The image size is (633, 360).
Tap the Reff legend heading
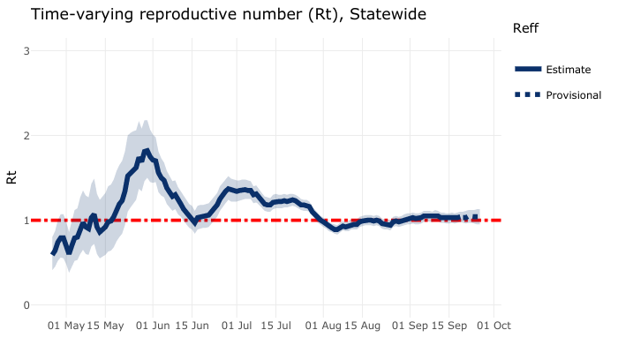pyautogui.click(x=525, y=29)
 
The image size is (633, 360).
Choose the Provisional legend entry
pyautogui.click(x=573, y=95)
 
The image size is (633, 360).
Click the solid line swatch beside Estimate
pyautogui.click(x=528, y=70)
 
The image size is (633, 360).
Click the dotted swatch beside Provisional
pyautogui.click(x=528, y=95)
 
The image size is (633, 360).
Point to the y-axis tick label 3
pyautogui.click(x=27, y=51)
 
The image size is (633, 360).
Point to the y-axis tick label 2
pyautogui.click(x=27, y=136)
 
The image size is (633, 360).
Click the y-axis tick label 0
pyautogui.click(x=27, y=305)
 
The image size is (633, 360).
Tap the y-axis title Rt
pyautogui.click(x=12, y=176)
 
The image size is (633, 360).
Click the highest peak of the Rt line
pyautogui.click(x=147, y=151)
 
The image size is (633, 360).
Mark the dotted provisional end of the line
pyautogui.click(x=471, y=217)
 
